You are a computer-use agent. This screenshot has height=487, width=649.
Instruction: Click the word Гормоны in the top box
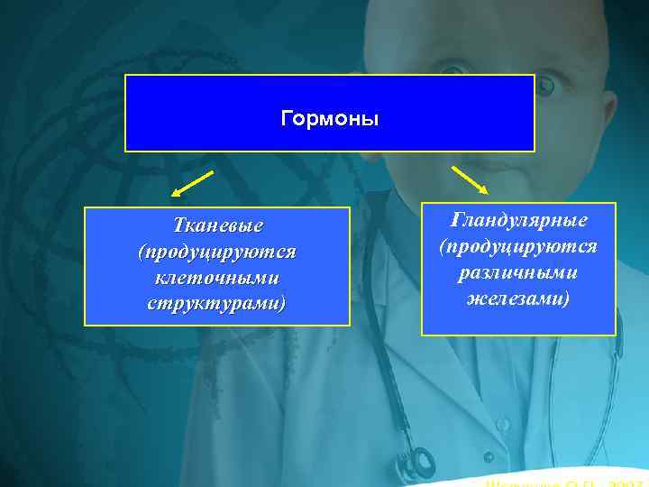click(x=330, y=119)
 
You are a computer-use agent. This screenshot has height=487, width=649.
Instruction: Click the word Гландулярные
click(x=518, y=219)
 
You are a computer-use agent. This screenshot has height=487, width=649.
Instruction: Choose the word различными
click(x=518, y=271)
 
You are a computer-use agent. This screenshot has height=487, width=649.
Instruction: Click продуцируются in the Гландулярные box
click(x=518, y=245)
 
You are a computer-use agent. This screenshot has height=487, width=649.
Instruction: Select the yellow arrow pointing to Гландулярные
click(x=469, y=179)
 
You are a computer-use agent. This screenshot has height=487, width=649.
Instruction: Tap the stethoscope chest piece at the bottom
click(x=420, y=464)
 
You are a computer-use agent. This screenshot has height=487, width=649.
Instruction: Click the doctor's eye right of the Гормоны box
click(x=547, y=86)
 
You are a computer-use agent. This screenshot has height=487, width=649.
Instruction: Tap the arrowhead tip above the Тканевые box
click(x=173, y=196)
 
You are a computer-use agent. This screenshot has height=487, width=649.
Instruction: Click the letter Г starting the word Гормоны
click(x=287, y=119)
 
